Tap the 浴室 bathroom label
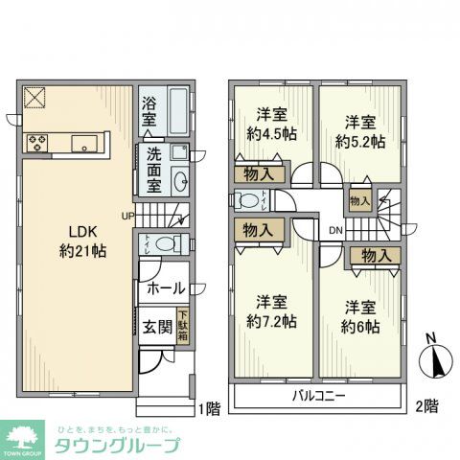[x=149, y=113]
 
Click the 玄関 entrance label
[x=158, y=327]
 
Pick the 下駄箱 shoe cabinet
[x=182, y=326]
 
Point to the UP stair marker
[x=126, y=215]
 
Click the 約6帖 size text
[x=359, y=327]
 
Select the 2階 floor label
[x=428, y=407]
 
